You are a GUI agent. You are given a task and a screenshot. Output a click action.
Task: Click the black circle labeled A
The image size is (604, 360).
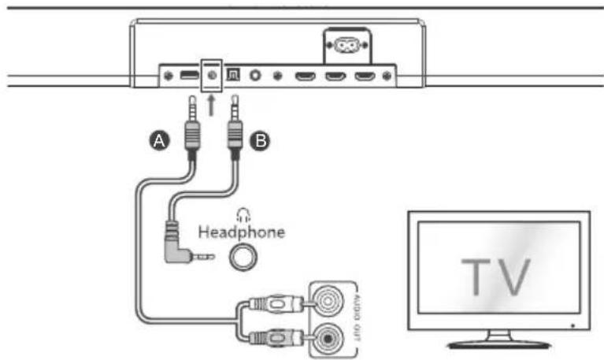click(160, 140)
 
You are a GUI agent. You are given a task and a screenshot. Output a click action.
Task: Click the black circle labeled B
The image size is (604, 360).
click(260, 141)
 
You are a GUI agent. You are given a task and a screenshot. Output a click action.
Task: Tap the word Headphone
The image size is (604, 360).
click(242, 232)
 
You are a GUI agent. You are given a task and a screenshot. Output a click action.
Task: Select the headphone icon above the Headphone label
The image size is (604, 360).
click(243, 215)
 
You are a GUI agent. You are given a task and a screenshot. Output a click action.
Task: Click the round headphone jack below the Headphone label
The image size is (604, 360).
click(243, 257)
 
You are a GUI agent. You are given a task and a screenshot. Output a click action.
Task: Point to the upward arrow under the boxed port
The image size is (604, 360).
click(211, 106)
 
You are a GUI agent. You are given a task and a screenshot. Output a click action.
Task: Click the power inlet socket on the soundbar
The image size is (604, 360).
click(346, 45)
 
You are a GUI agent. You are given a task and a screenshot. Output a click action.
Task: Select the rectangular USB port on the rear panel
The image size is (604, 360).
click(189, 75)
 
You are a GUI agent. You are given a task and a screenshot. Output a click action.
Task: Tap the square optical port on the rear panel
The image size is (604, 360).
click(233, 74)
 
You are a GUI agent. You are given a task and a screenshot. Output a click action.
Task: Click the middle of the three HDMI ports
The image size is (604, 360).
click(335, 76)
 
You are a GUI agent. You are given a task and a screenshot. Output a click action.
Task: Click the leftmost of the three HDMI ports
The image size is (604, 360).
click(306, 76)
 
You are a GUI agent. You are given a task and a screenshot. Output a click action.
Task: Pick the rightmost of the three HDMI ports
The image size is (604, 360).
click(365, 76)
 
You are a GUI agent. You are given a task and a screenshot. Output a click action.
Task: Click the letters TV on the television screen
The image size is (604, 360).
click(496, 277)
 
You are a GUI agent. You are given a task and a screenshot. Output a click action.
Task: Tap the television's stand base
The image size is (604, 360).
click(498, 343)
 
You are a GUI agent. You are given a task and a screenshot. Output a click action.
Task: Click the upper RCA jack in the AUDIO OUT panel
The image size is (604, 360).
click(328, 301)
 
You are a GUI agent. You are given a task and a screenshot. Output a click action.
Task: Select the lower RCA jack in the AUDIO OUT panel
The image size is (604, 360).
click(328, 339)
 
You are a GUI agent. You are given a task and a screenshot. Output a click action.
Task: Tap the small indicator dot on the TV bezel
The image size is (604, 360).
click(573, 325)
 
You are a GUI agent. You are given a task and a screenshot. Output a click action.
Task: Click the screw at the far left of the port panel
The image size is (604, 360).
click(169, 76)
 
